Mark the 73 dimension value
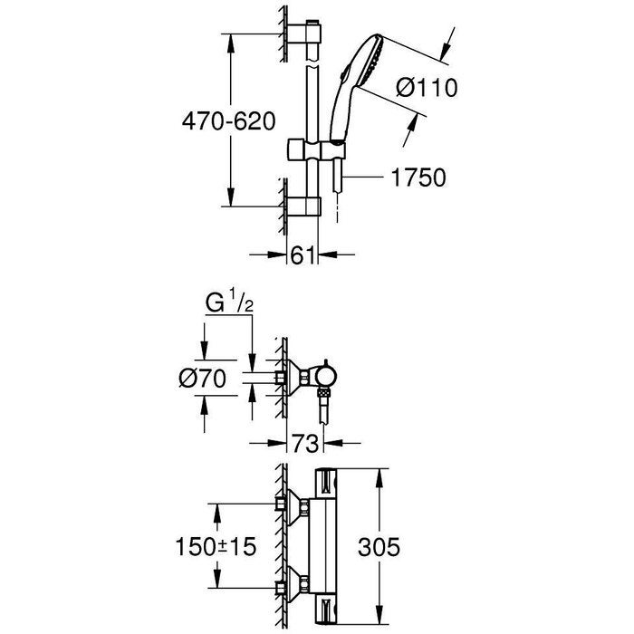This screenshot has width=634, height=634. [306, 443]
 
